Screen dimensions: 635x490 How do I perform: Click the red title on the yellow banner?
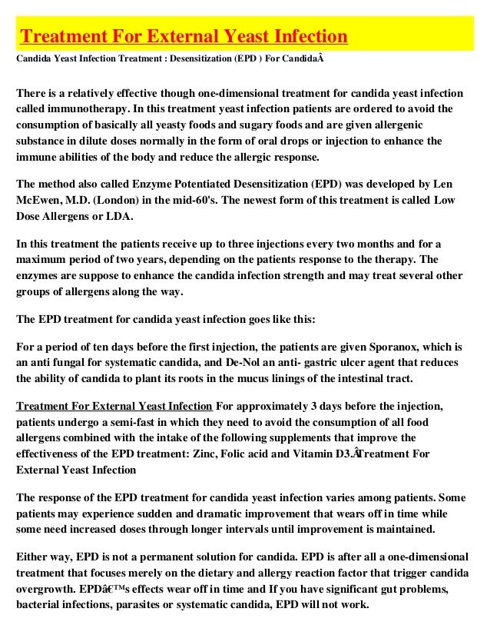184,36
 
